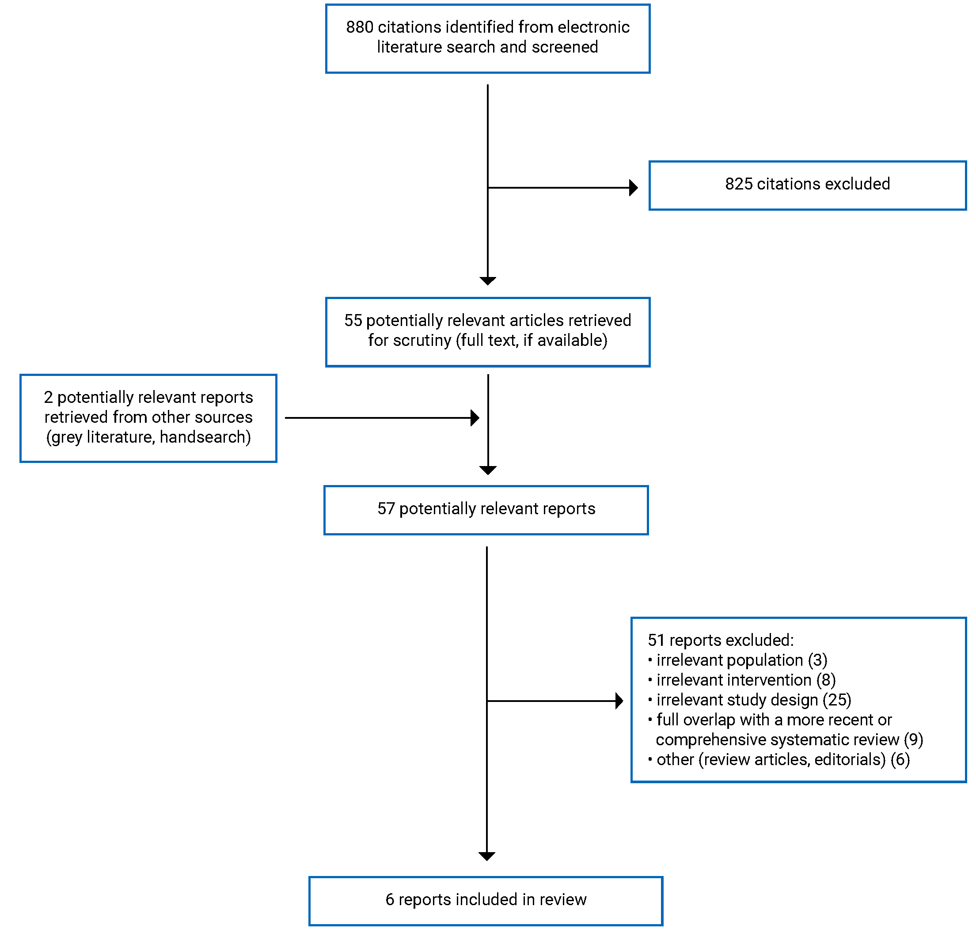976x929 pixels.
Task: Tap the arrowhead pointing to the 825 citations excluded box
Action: click(x=633, y=188)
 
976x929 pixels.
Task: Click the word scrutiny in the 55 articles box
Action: click(x=422, y=341)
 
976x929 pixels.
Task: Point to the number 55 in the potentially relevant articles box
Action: click(x=353, y=321)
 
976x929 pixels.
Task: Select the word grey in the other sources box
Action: click(x=65, y=438)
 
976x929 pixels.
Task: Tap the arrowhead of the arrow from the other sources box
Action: click(x=475, y=418)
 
